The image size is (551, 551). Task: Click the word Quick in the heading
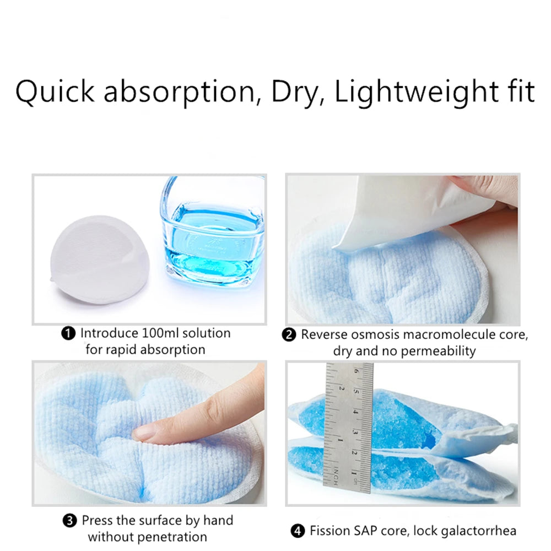coord(55,92)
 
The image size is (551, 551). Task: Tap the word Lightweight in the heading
coord(415,93)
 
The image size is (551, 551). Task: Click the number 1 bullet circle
coord(68,333)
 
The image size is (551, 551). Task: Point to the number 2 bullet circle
coord(289,335)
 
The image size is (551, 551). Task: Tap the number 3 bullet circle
coord(69,521)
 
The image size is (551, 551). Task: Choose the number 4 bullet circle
coord(298,531)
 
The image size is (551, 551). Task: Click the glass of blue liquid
coord(212,232)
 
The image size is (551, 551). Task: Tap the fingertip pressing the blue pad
coord(144,433)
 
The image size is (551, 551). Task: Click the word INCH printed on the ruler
coord(336,477)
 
